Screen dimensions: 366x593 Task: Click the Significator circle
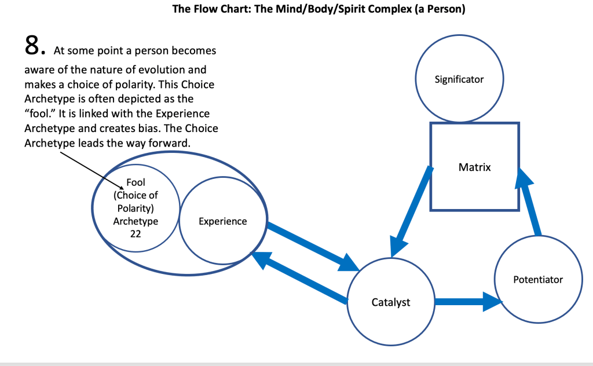459,79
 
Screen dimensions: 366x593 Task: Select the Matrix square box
474,167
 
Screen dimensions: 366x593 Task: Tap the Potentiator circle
538,279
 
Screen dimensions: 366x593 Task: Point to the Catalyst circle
390,302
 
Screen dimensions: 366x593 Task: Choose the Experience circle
222,221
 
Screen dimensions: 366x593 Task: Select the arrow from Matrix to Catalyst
412,211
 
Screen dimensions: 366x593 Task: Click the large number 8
34,46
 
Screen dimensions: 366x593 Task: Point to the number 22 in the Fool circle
136,233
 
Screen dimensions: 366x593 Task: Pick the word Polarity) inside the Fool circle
136,208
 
